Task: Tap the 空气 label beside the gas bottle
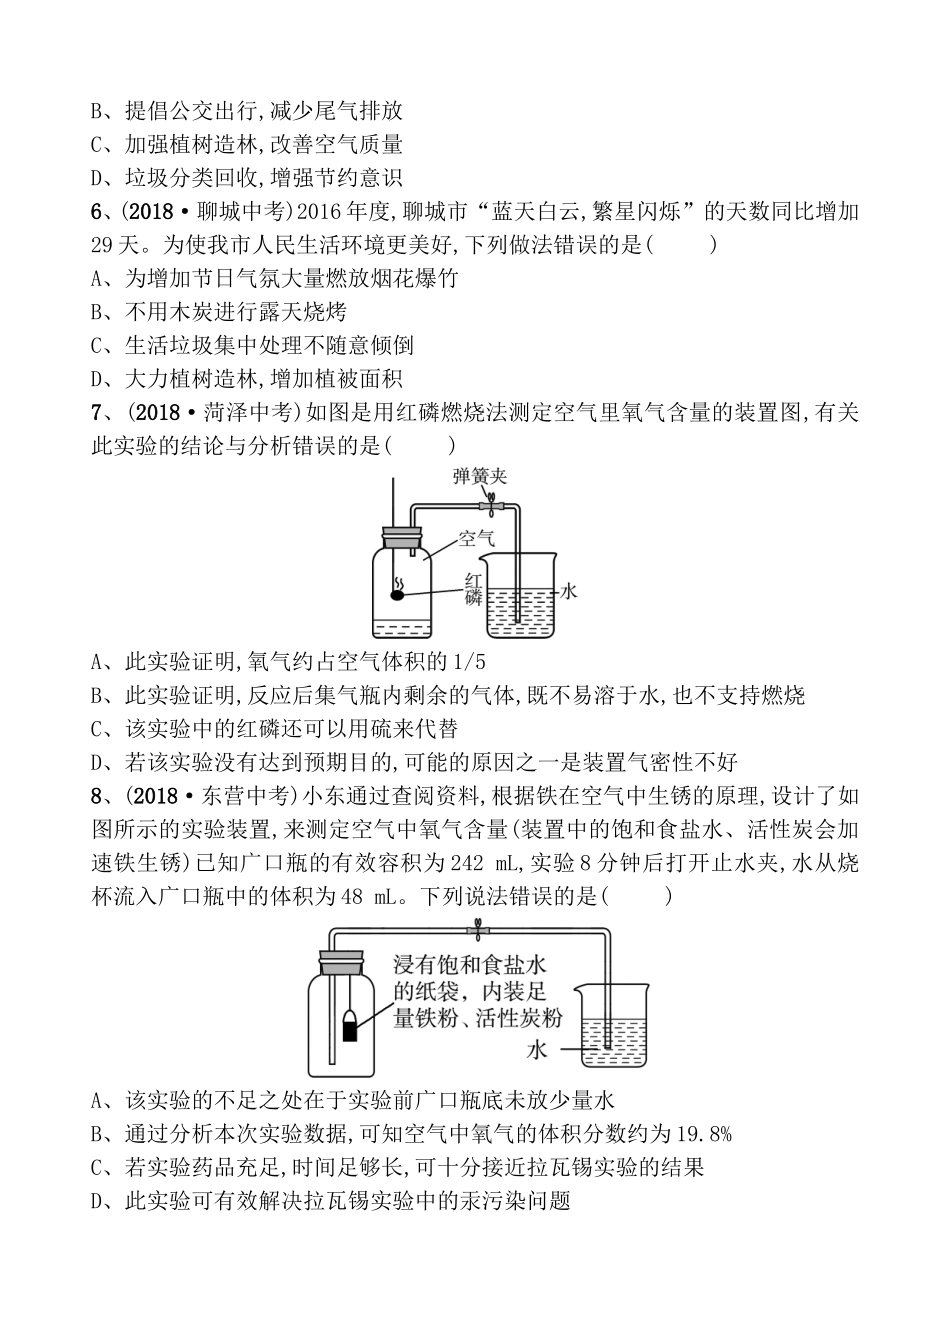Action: pos(476,541)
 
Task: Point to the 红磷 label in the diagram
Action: pos(474,588)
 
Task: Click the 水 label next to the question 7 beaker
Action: pos(568,591)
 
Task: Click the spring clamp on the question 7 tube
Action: pos(492,505)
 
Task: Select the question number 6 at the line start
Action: pos(97,212)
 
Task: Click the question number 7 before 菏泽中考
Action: pos(97,412)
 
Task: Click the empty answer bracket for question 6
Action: pos(683,245)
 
